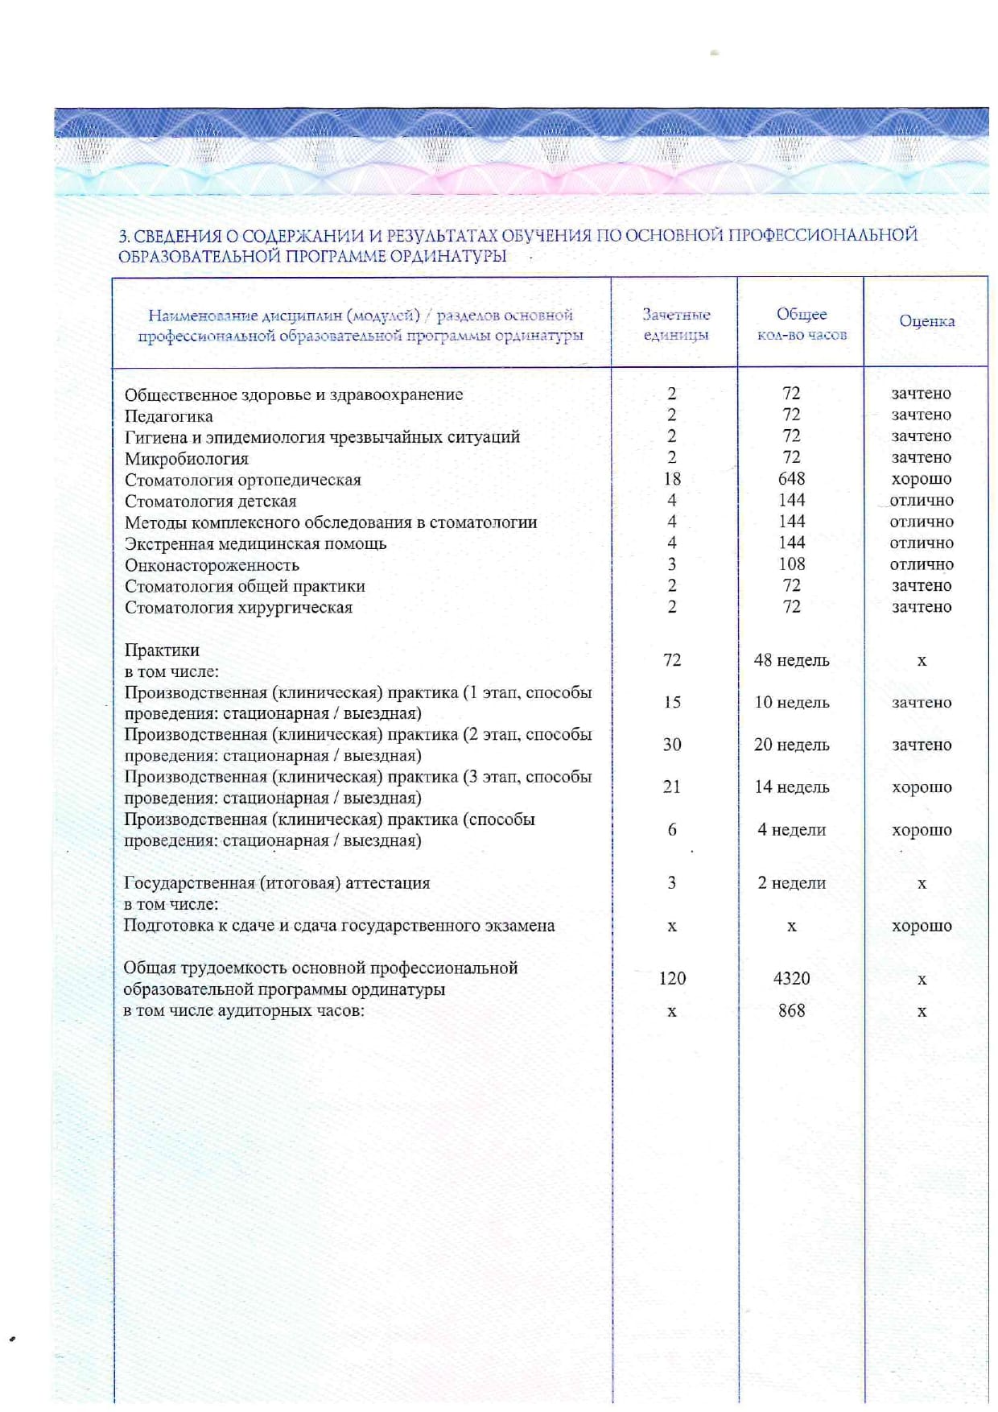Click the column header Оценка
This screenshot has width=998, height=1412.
coord(926,321)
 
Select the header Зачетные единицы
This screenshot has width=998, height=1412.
coord(675,324)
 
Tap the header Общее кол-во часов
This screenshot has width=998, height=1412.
coord(801,324)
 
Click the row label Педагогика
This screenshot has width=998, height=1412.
coord(168,416)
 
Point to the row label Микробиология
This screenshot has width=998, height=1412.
coord(186,459)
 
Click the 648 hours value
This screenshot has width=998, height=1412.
coord(791,479)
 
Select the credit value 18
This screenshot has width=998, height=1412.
coord(671,479)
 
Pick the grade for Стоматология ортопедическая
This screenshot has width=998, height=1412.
coord(921,479)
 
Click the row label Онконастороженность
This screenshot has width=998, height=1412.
coord(211,565)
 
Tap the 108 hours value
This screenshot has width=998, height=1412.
coord(791,564)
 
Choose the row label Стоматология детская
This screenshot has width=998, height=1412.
coord(210,502)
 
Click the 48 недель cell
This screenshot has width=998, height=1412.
coord(791,660)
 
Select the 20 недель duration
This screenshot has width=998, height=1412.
coord(791,745)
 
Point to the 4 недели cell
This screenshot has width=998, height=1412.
coord(791,830)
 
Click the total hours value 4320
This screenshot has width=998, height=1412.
coord(791,978)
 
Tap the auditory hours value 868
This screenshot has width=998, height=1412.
coord(791,1010)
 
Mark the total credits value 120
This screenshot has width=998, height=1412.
coord(671,978)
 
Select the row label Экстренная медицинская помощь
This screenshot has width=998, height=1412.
coord(255,544)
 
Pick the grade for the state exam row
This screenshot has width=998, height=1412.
coord(921,926)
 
